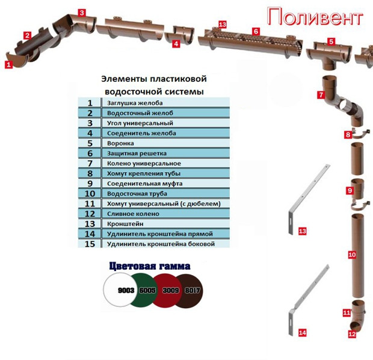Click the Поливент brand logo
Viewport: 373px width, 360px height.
pos(315,16)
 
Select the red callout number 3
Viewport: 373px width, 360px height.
pos(82,12)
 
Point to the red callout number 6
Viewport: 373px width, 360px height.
pos(256,31)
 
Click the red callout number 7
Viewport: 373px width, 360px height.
pos(321,95)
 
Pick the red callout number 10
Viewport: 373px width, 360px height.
pos(352,255)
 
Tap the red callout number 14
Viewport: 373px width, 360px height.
pos(302,332)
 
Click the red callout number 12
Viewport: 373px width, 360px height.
pos(352,334)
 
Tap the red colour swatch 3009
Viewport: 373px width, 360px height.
pos(171,290)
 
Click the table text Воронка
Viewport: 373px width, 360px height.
pos(120,143)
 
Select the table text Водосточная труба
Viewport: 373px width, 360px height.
pos(135,194)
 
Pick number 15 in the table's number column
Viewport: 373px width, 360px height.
pos(90,244)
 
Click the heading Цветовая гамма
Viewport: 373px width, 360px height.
pos(150,266)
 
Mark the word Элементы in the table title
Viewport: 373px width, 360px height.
pos(120,79)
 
